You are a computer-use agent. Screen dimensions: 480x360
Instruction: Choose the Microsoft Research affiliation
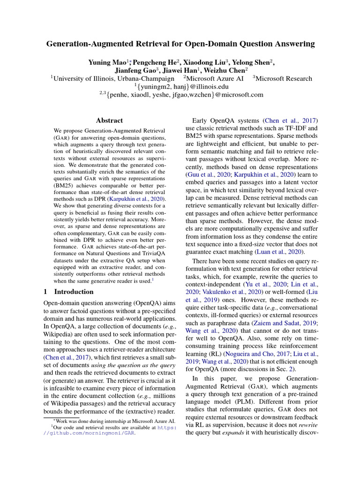point(284,79)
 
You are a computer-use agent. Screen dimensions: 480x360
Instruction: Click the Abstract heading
point(109,120)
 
